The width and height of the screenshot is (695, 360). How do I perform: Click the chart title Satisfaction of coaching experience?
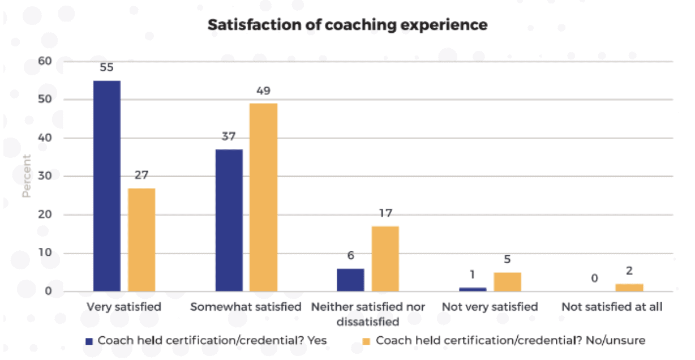coord(347,25)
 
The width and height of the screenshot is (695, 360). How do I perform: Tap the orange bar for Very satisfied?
coord(141,239)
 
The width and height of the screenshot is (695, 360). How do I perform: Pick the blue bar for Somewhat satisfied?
coord(229,220)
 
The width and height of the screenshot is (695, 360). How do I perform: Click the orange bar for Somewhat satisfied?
coord(264,197)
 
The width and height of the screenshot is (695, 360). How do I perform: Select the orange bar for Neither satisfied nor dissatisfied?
coord(385,259)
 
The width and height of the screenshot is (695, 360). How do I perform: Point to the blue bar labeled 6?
coord(351,280)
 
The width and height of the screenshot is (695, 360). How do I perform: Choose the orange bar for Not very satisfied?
coord(507,281)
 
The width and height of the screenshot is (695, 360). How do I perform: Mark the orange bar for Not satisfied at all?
coord(629,288)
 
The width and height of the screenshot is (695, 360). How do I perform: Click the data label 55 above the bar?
coord(107,67)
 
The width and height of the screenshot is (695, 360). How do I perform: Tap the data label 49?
coord(264,91)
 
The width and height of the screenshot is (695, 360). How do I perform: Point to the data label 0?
coord(594,278)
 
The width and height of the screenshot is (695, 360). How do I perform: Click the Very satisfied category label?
coord(124,307)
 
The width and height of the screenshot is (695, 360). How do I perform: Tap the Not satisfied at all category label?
coord(612,307)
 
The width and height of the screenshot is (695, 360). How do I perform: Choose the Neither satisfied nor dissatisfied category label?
coord(368,314)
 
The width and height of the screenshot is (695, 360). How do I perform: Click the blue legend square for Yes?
coord(89,341)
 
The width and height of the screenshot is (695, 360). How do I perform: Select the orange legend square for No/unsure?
coord(367,341)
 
